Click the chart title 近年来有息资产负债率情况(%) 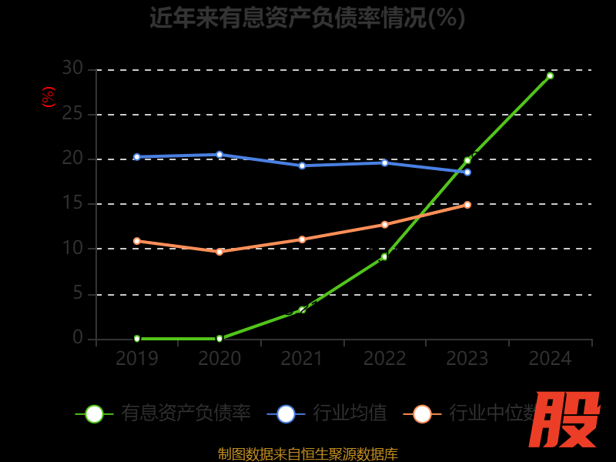click(x=307, y=18)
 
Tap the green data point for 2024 click(x=550, y=75)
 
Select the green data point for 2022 click(x=384, y=256)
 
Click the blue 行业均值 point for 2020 click(x=219, y=155)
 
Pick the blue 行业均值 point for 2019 click(x=137, y=157)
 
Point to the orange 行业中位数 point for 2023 click(x=467, y=205)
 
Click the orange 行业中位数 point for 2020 click(x=219, y=252)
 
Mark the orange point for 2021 click(x=302, y=239)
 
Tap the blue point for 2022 click(x=384, y=162)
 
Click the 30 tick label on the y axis click(x=72, y=69)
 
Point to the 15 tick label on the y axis click(x=72, y=204)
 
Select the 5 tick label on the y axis click(x=78, y=293)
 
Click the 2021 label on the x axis click(x=302, y=359)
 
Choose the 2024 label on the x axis click(x=550, y=359)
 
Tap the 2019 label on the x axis click(x=137, y=359)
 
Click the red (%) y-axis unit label click(x=49, y=97)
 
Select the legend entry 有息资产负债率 click(x=185, y=413)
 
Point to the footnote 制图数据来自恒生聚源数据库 click(x=308, y=454)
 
